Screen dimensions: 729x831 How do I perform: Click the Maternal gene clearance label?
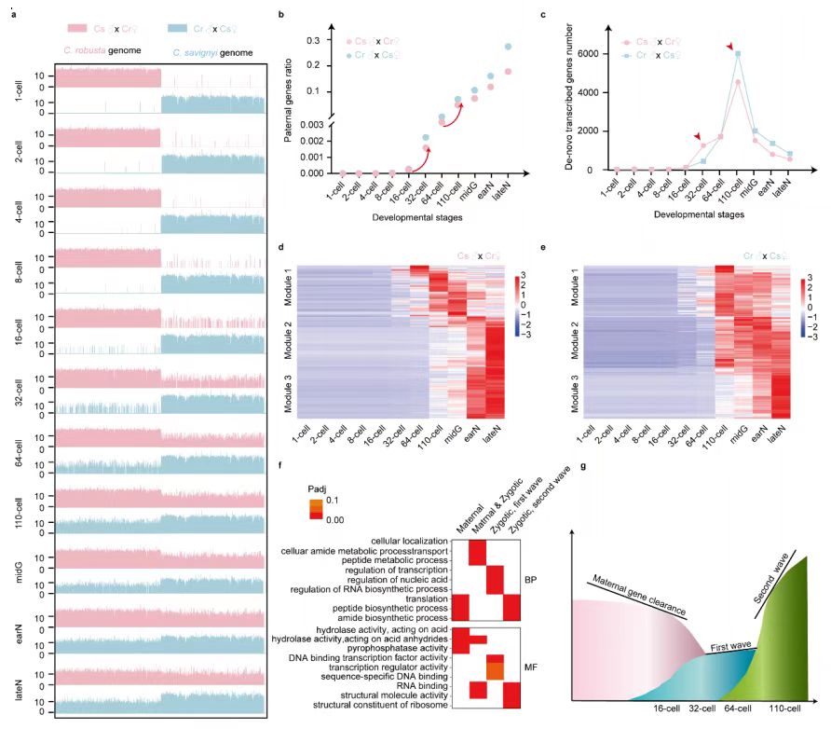click(637, 598)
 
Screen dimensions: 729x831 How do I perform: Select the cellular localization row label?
click(406, 542)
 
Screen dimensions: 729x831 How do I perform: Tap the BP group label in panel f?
click(532, 578)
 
